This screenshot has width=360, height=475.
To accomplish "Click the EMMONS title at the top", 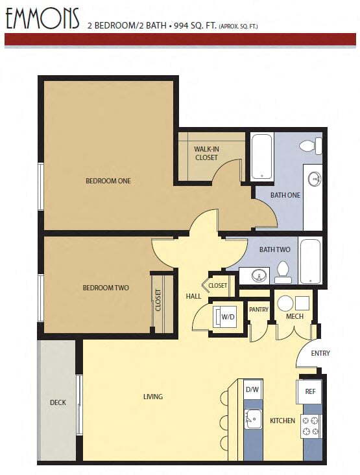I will [x=42, y=19].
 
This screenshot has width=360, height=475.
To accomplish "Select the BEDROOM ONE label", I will [x=108, y=181].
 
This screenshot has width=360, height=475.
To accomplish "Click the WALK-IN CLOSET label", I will [x=206, y=153].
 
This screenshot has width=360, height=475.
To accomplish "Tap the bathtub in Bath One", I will [x=262, y=156].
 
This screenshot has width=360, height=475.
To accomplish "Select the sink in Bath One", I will [x=314, y=179].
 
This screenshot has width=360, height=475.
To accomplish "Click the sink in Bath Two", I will [x=259, y=275].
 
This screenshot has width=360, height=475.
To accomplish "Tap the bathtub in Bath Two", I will [x=310, y=261].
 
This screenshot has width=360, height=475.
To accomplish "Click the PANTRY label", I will [x=258, y=310].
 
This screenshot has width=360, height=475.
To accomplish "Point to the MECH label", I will [x=295, y=318].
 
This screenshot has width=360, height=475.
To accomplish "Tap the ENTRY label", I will [x=320, y=353].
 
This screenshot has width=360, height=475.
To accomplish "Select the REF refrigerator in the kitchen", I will [x=310, y=391].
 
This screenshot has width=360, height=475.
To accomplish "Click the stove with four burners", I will [x=311, y=426].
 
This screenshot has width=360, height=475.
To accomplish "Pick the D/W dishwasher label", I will [x=252, y=389].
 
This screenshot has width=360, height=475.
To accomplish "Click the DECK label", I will [x=58, y=402].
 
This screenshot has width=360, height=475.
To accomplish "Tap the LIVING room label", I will [x=153, y=397].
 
